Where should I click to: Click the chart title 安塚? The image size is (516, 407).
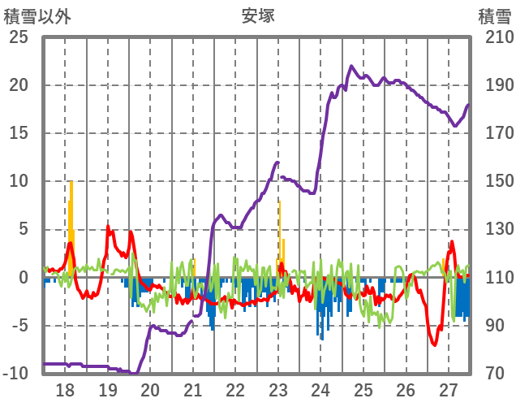pos(257,15)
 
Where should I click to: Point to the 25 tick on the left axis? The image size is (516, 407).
pos(19,37)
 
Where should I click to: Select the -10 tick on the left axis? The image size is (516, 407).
pos(15,374)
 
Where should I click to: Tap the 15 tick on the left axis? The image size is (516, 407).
pos(19,133)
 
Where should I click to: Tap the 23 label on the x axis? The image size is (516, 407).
pos(278,389)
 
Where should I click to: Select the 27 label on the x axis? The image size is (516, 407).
pos(449,389)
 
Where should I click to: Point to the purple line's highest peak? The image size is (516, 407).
pos(351,67)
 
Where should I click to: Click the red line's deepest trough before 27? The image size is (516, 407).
pos(435,344)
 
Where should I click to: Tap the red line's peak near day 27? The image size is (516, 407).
pos(452,242)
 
